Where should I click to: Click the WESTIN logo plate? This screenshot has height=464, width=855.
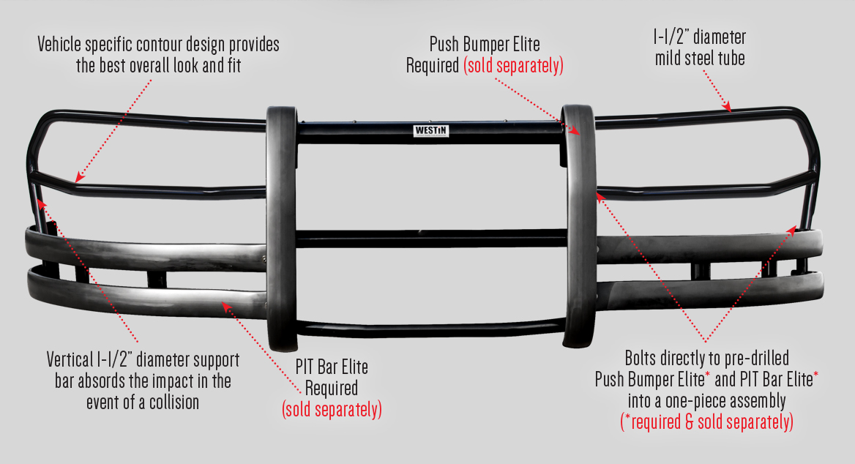click(x=431, y=131)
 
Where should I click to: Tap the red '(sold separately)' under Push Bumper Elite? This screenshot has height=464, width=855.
click(x=513, y=66)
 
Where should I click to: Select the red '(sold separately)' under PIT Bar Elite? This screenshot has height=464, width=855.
click(x=332, y=408)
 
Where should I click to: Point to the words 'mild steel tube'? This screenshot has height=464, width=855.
click(x=700, y=58)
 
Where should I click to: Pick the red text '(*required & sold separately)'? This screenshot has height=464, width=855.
click(x=706, y=422)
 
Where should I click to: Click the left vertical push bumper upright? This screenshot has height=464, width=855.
click(x=281, y=227)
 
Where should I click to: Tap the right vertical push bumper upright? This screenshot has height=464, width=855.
click(x=578, y=227)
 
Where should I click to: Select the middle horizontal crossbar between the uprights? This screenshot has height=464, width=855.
click(x=430, y=239)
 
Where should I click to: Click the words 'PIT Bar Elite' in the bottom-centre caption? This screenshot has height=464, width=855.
click(x=332, y=366)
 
